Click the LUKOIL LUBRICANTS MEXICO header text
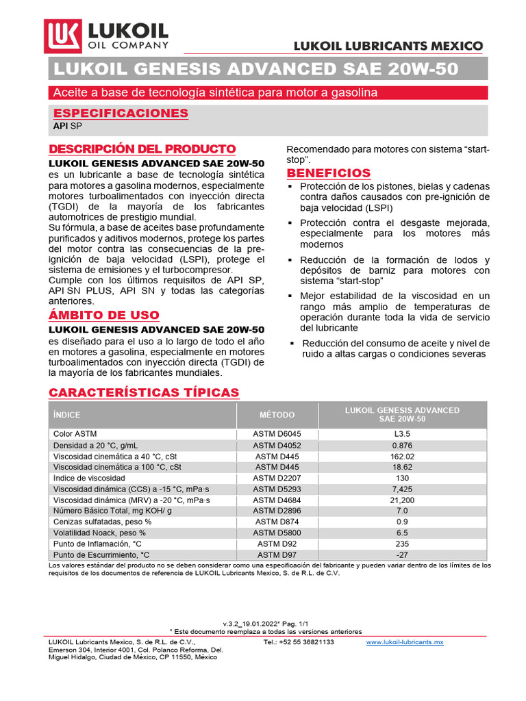click(388, 47)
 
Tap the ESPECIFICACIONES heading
click(121, 113)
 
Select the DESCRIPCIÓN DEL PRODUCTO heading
click(142, 149)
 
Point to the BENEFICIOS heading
click(328, 173)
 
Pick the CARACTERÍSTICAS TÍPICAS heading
click(144, 392)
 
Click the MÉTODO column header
click(277, 415)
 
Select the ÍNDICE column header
click(67, 415)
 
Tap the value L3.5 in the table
click(401, 434)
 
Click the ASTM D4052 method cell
click(277, 445)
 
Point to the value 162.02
click(401, 456)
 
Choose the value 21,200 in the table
click(401, 500)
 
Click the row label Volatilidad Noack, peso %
click(99, 533)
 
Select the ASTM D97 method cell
click(277, 555)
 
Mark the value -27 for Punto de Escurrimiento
click(401, 555)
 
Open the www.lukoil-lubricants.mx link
click(405, 642)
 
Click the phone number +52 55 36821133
click(299, 642)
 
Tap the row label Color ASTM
click(75, 434)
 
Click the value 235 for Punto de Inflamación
click(401, 544)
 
